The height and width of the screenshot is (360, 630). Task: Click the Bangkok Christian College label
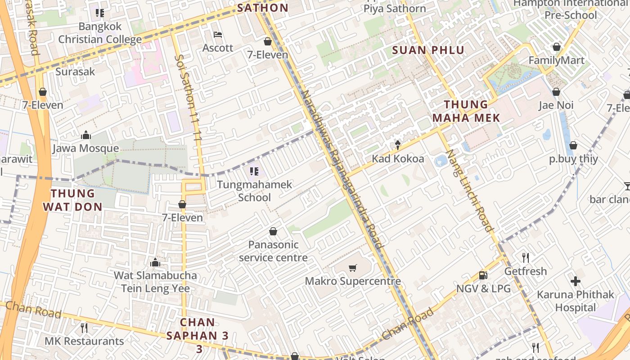[x=100, y=33]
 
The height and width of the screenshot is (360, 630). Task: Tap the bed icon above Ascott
[x=218, y=35]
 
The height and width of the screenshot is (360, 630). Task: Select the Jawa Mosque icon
[x=85, y=135]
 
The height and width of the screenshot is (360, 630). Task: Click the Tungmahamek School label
[x=254, y=191]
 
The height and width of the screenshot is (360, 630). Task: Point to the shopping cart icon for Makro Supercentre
[x=352, y=268]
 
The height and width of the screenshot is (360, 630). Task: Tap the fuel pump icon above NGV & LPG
[x=483, y=275]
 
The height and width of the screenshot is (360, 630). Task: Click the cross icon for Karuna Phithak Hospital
[x=575, y=282]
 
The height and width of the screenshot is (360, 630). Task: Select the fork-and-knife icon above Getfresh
[x=525, y=258]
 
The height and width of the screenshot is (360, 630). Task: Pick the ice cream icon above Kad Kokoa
[x=398, y=145]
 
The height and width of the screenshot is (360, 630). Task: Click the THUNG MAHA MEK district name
[x=466, y=111]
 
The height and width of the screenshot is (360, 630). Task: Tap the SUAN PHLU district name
[x=428, y=50]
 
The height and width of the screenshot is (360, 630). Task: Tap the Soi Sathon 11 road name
[x=188, y=99]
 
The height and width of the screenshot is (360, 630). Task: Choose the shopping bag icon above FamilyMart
[x=557, y=47]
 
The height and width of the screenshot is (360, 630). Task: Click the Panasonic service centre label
[x=273, y=251]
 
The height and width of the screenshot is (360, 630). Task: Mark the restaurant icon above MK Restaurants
[x=84, y=327]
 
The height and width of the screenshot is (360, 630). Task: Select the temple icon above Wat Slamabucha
[x=155, y=262]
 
